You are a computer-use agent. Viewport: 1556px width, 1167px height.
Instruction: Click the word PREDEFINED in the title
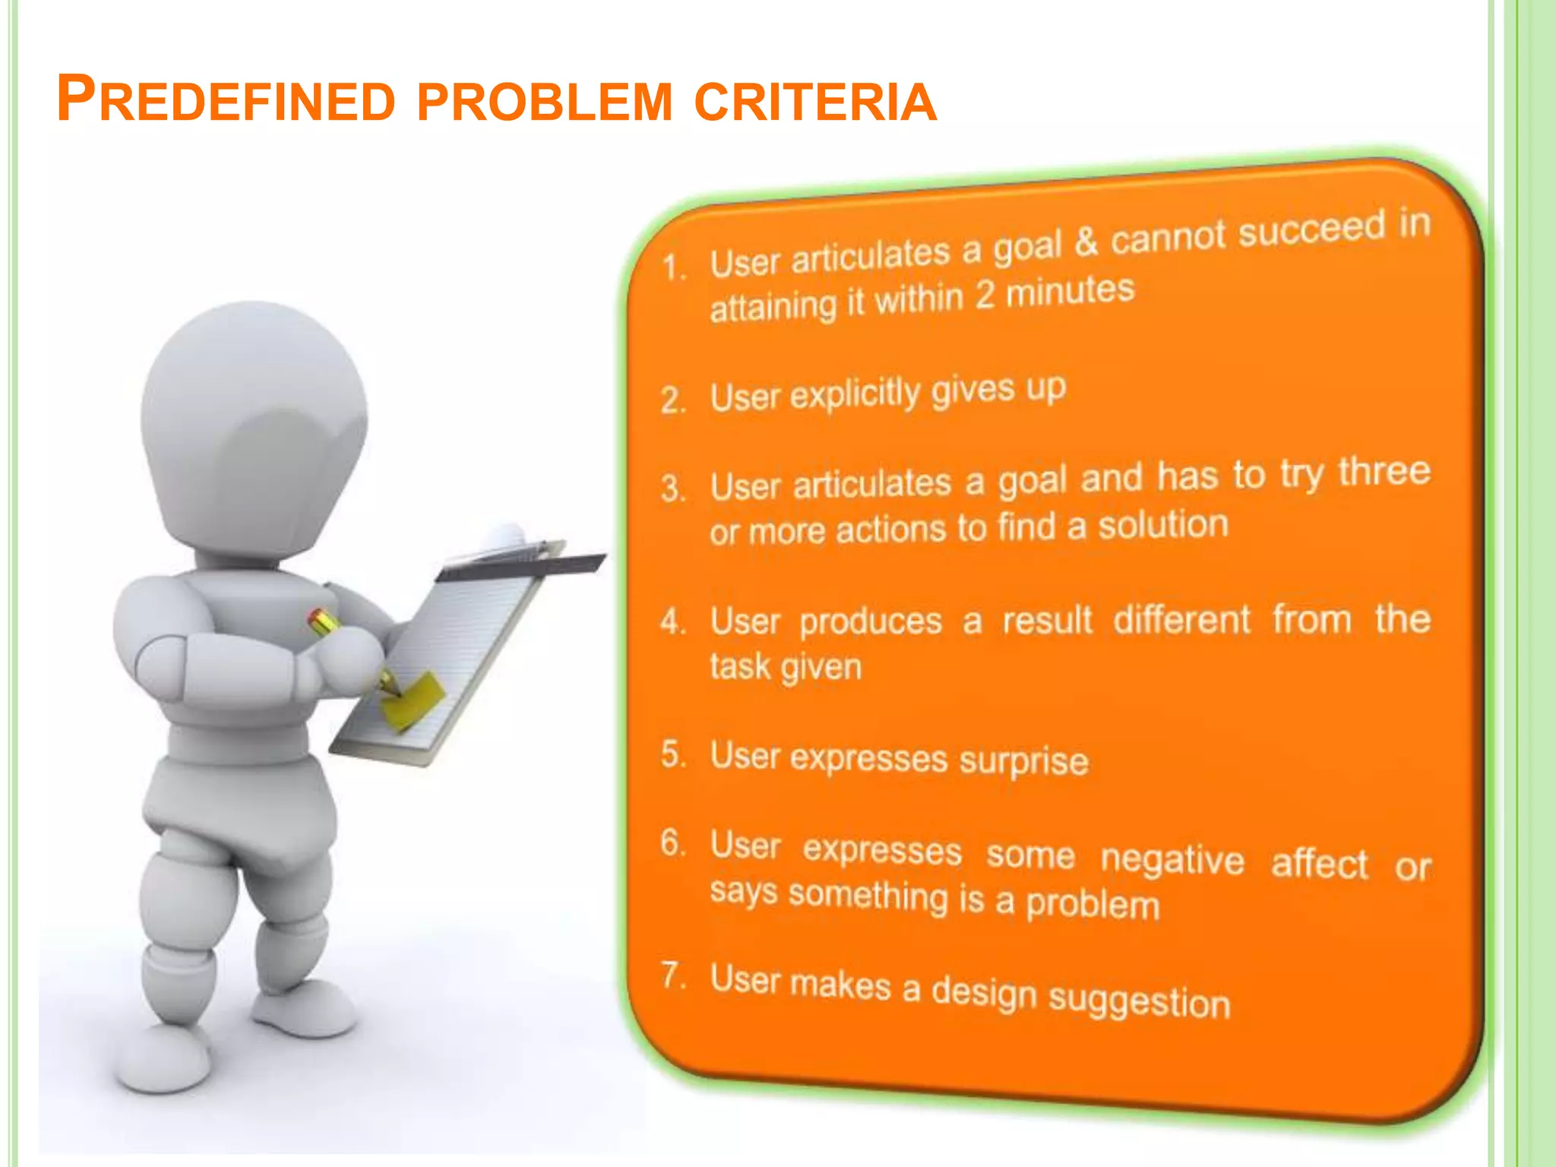[x=226, y=100]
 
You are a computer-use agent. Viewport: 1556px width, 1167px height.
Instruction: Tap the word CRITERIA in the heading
[x=815, y=102]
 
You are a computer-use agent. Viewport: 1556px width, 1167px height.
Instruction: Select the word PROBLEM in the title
[x=545, y=102]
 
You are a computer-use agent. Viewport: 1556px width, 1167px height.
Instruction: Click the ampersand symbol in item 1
[x=1086, y=242]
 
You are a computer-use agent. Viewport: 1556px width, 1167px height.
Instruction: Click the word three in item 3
[x=1384, y=471]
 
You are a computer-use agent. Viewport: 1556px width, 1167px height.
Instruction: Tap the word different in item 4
[x=1181, y=620]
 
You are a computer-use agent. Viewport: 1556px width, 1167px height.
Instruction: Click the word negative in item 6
[x=1172, y=859]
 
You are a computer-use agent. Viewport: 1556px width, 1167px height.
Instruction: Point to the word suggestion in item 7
[x=1139, y=1000]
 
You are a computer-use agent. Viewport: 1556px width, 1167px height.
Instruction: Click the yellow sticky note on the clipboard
[x=413, y=700]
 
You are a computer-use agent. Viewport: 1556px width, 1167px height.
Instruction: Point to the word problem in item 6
[x=1093, y=904]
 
